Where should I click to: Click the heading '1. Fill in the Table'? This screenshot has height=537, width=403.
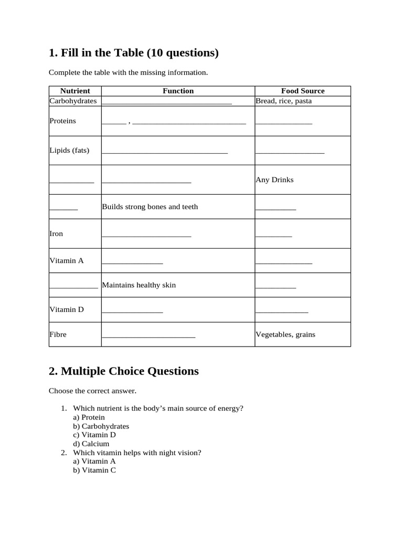[133, 53]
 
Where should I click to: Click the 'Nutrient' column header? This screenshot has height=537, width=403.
[75, 91]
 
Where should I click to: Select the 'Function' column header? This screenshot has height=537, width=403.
[178, 91]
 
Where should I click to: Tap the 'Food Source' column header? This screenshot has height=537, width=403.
[303, 91]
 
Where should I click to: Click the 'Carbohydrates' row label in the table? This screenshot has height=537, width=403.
[73, 101]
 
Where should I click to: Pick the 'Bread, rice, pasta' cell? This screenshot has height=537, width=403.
[283, 101]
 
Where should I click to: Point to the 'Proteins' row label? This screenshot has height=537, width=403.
[62, 121]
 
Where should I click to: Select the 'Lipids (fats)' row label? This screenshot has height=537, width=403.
[69, 150]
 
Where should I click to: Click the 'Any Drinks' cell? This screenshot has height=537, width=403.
[274, 179]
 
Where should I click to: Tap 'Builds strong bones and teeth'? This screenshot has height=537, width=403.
[150, 207]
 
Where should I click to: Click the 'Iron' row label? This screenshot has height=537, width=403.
[56, 233]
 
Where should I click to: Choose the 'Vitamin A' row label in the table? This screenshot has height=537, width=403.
[67, 260]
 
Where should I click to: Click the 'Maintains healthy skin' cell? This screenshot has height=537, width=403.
[139, 285]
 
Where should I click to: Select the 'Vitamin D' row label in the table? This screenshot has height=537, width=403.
[67, 309]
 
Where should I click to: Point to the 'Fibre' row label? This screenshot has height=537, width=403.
[58, 334]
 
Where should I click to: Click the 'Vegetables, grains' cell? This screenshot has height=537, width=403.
[285, 334]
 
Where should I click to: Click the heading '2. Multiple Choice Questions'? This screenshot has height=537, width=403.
[123, 371]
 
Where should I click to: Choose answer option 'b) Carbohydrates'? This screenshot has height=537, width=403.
[101, 426]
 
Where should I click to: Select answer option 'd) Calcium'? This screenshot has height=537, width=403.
[91, 444]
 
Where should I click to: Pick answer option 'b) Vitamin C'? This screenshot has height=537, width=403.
[94, 470]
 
